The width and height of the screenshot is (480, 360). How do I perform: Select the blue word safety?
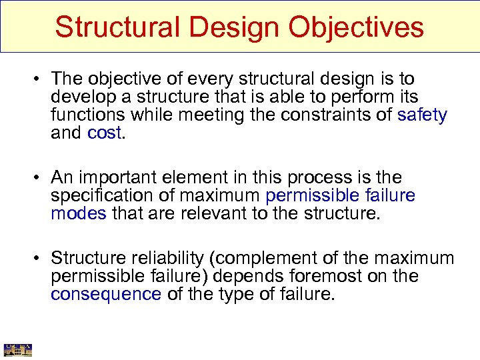pyautogui.click(x=422, y=115)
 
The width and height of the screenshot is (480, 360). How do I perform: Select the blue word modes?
pyautogui.click(x=78, y=213)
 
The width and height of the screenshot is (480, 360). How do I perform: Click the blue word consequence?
pyautogui.click(x=106, y=294)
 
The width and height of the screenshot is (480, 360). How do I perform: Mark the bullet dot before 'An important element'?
pyautogui.click(x=39, y=178)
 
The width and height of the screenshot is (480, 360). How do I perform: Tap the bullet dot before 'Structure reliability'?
pyautogui.click(x=39, y=259)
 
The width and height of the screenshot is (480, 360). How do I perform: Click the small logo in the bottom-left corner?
pyautogui.click(x=17, y=350)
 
